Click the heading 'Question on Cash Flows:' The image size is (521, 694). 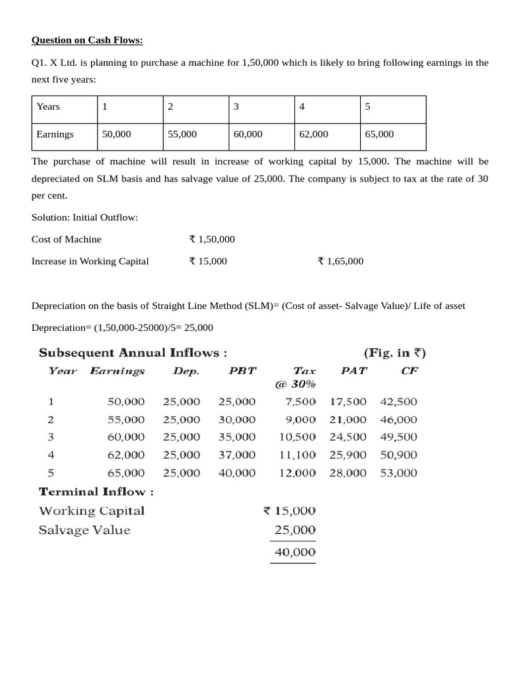coord(88,40)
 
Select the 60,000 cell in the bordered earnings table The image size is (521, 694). coord(248,134)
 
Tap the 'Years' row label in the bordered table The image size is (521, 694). coord(48,106)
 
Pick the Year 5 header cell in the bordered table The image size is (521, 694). coord(368,106)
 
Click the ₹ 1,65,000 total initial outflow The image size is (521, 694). coord(341,261)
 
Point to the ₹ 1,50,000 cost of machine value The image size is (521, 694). coord(212,239)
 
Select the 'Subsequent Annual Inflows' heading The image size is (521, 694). coord(133,352)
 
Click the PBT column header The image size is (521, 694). coord(242,371)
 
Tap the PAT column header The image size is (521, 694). coord(353,371)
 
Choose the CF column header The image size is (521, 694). coord(410,371)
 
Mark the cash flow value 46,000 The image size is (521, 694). coord(399,420)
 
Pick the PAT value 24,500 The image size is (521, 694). coord(348,437)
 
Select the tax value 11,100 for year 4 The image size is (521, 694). coord(297,455)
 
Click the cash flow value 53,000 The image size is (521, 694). coord(399,473)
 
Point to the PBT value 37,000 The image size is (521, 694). coord(237,455)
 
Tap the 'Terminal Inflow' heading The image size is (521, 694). coord(96,492)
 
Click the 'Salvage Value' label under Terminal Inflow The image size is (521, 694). coord(84,530)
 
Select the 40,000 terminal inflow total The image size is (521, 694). coord(294,552)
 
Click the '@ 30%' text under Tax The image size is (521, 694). coord(295,384)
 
